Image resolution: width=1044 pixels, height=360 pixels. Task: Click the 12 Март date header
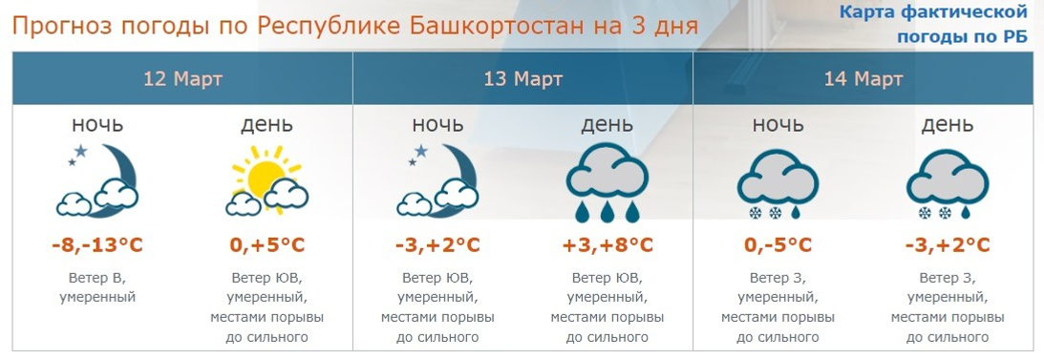pos(182,78)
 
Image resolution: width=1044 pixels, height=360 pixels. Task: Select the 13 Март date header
pos(522,78)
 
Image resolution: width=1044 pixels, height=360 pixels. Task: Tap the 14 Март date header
pos(863,78)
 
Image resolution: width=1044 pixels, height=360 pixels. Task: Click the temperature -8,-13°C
pos(96,245)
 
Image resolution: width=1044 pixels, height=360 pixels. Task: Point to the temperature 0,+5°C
pos(267,245)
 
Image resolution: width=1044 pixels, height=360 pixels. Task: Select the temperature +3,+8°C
pos(607,245)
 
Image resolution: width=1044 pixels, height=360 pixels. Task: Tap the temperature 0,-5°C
pos(778,245)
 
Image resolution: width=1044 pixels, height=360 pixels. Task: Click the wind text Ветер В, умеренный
pos(96,287)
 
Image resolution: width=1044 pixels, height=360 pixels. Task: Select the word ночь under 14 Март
pos(778,125)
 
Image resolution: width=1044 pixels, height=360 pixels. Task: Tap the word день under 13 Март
pos(607,125)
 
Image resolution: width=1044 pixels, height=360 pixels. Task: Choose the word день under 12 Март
pos(267,125)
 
